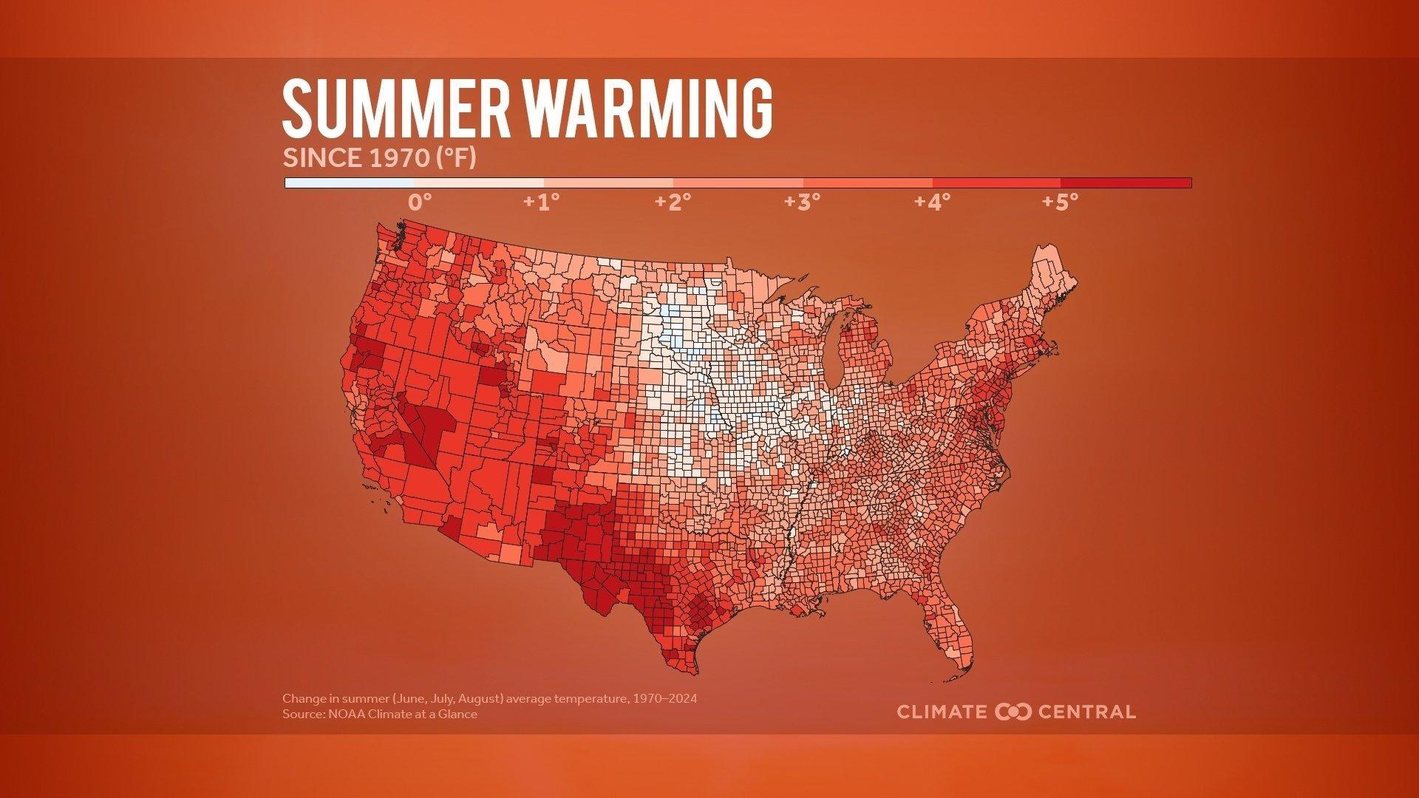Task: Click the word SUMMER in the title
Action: coord(396,109)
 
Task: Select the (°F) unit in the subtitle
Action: coord(455,158)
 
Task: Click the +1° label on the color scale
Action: coord(541,202)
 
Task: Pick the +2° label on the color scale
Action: coord(672,202)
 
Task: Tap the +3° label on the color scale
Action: coord(802,202)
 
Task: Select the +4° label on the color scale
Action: coord(931,202)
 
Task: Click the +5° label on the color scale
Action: coord(1060,202)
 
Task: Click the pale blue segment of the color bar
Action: coord(350,183)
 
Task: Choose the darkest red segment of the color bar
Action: coord(1126,183)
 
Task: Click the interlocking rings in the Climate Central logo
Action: coord(1013,712)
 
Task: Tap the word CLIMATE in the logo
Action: coord(942,712)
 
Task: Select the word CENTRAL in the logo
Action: coord(1086,712)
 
